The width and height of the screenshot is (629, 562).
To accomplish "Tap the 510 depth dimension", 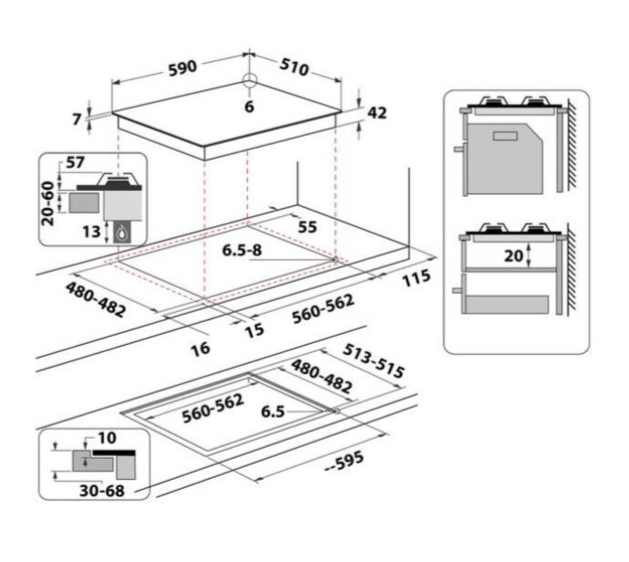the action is click(x=294, y=67).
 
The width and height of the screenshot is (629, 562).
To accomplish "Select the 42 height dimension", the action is click(x=377, y=113).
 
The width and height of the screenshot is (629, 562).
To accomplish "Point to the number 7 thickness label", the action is click(x=77, y=119).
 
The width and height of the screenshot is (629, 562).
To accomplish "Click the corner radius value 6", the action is click(x=249, y=107).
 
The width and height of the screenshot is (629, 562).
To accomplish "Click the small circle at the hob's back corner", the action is click(x=250, y=79).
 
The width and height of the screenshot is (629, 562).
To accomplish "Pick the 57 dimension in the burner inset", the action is click(x=75, y=162).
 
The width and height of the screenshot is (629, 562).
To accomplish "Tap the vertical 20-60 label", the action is click(x=48, y=203).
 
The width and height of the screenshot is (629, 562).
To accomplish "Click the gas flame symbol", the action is click(x=123, y=233).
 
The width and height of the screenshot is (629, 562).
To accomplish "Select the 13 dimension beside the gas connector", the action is click(x=91, y=232).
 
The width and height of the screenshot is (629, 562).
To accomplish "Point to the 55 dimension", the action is click(x=308, y=227).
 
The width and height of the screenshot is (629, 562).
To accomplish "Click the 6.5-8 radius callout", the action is click(x=242, y=250).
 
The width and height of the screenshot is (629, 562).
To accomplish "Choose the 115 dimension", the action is click(x=417, y=277).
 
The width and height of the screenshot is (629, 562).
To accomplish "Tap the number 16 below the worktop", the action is click(x=201, y=349).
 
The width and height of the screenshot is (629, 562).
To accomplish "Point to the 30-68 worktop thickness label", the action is click(x=102, y=491).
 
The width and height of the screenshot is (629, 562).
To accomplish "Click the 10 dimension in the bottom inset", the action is click(x=107, y=438).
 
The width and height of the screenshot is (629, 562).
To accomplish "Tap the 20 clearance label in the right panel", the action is click(x=514, y=255).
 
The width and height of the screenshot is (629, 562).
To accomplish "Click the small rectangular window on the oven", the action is click(x=505, y=136).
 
